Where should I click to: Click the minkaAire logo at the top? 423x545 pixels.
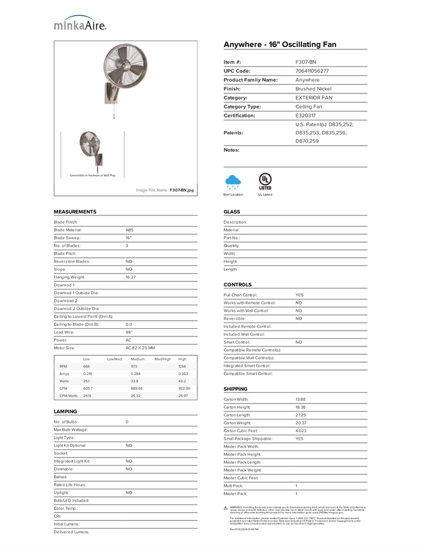tap(80, 23)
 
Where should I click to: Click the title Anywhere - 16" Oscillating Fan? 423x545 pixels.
tap(280, 45)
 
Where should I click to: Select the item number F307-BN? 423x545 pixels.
tap(305, 62)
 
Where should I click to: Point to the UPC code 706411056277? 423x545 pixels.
tap(312, 71)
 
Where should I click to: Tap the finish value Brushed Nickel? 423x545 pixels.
tap(313, 89)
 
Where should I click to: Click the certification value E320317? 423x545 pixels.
tap(305, 116)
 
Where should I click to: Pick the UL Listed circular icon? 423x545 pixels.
tap(265, 180)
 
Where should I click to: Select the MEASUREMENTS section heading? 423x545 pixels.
tap(75, 211)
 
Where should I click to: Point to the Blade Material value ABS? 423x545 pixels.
tap(130, 230)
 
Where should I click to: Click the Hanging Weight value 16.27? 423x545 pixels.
tap(130, 277)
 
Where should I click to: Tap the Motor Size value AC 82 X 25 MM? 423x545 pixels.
tap(140, 348)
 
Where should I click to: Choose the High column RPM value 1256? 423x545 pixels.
tap(183, 366)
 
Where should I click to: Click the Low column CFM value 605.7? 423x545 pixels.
tap(88, 388)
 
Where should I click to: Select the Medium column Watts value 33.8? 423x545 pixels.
tap(136, 381)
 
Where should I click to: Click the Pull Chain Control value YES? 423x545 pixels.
tap(300, 295)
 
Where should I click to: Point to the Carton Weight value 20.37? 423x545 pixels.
tap(300, 423)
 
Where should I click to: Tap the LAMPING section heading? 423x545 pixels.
tap(66, 412)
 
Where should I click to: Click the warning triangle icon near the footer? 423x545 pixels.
tap(226, 507)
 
